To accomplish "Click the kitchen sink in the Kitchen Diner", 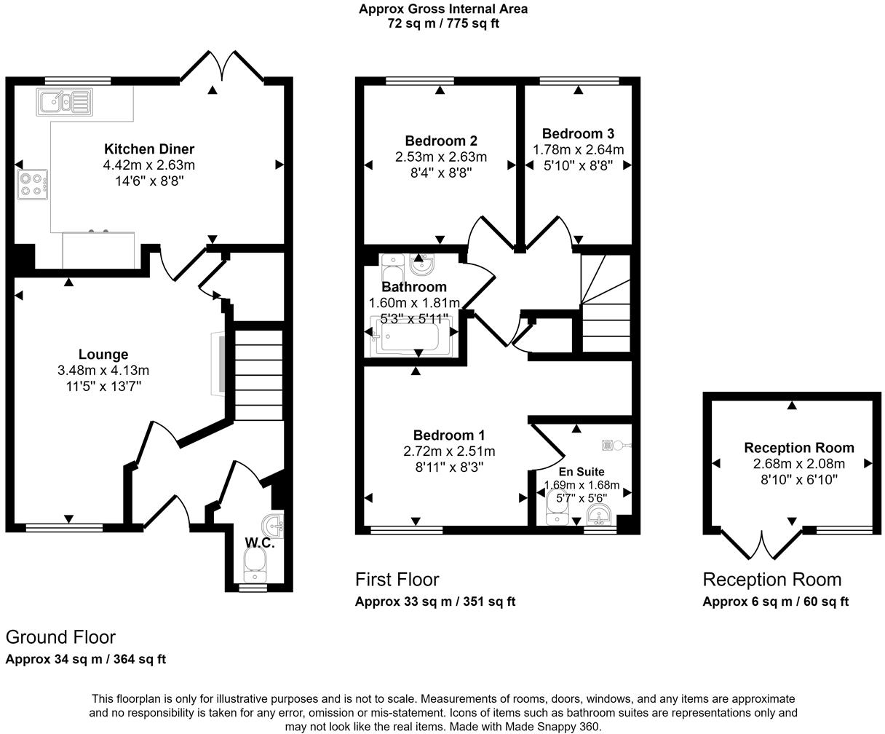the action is click(x=65, y=102).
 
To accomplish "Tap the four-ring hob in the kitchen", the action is click(x=32, y=184).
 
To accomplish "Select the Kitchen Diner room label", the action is click(x=149, y=149).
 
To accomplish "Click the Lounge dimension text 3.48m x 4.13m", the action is click(x=103, y=370).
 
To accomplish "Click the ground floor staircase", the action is click(x=258, y=375).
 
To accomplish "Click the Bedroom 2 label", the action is click(x=441, y=141).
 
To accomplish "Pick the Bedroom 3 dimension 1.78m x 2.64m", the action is click(x=578, y=150).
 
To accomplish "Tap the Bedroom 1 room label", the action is click(x=449, y=435).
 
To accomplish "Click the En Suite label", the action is click(x=582, y=472).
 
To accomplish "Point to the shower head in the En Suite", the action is click(x=616, y=445).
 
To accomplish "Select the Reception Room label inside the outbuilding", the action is click(x=799, y=448).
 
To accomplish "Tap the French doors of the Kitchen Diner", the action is click(x=222, y=66).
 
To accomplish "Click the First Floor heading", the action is click(x=397, y=580).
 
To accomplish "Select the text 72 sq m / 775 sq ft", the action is click(x=443, y=23).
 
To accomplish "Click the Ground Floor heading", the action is click(x=60, y=637).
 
